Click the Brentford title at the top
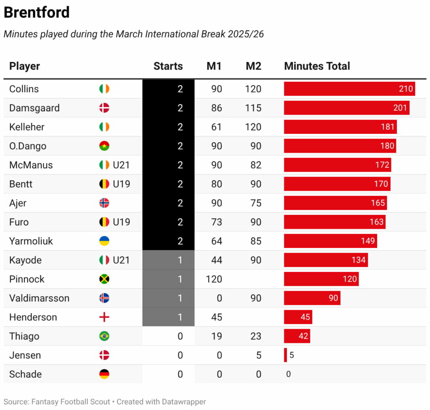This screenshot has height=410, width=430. [37, 13]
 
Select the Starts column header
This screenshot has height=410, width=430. [168, 66]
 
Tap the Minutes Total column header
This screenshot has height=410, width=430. [317, 66]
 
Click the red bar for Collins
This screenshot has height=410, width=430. [349, 89]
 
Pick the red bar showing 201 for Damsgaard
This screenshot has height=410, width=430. [346, 108]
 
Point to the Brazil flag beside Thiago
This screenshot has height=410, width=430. [104, 336]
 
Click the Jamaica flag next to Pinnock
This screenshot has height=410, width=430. [104, 279]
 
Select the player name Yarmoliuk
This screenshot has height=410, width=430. [31, 241]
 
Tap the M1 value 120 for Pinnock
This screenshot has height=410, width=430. [214, 279]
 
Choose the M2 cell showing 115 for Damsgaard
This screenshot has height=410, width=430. [253, 108]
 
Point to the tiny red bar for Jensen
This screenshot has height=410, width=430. [286, 355]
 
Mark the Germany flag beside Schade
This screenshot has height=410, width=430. [104, 374]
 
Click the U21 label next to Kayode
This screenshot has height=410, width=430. [121, 260]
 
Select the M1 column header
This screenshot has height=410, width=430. [214, 66]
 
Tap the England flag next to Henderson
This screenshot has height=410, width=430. [104, 317]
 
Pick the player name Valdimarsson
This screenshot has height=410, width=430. [39, 298]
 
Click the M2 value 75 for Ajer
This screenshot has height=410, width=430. [256, 203]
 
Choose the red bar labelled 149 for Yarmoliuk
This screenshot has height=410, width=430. [330, 241]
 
